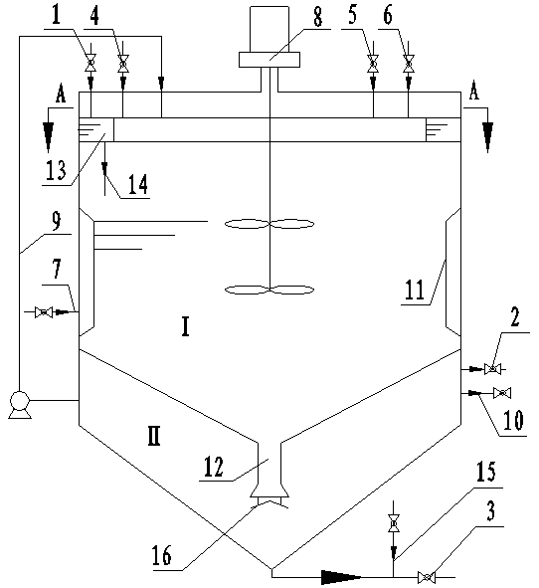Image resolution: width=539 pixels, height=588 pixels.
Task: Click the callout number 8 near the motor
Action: pos(318,17)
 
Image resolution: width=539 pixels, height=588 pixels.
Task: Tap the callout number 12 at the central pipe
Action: pos(213,467)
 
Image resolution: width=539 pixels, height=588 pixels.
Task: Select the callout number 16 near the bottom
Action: pos(162,554)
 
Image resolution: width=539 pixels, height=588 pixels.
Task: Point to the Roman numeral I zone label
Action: pos(185,326)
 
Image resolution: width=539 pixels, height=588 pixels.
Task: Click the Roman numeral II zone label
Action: pos(154,436)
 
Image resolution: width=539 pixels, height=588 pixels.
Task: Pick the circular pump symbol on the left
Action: pos(20,401)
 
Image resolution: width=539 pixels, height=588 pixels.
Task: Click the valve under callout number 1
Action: pos(90,63)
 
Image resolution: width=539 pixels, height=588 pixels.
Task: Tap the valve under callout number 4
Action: pos(123,64)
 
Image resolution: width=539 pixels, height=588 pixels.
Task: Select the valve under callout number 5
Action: pos(373,64)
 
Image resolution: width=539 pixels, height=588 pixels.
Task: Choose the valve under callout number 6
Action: pos(409,64)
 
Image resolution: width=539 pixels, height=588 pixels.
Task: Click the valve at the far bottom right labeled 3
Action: pos(427,577)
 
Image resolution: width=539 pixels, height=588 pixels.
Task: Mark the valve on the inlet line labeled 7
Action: pos(44,312)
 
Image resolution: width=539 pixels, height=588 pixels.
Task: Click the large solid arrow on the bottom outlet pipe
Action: pos(341,577)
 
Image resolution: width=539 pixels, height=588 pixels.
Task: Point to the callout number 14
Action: pos(138,184)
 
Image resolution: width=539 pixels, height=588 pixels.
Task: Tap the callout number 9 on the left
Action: pos(57,221)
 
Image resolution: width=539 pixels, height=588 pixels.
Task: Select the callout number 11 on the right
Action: pos(415,290)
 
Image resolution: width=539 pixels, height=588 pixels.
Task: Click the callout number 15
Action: pos(485,471)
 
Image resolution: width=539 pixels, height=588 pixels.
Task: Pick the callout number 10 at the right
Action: pos(513,420)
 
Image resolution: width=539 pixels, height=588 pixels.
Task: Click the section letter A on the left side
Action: pos(61,93)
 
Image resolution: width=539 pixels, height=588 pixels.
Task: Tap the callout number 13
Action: pos(56,170)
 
